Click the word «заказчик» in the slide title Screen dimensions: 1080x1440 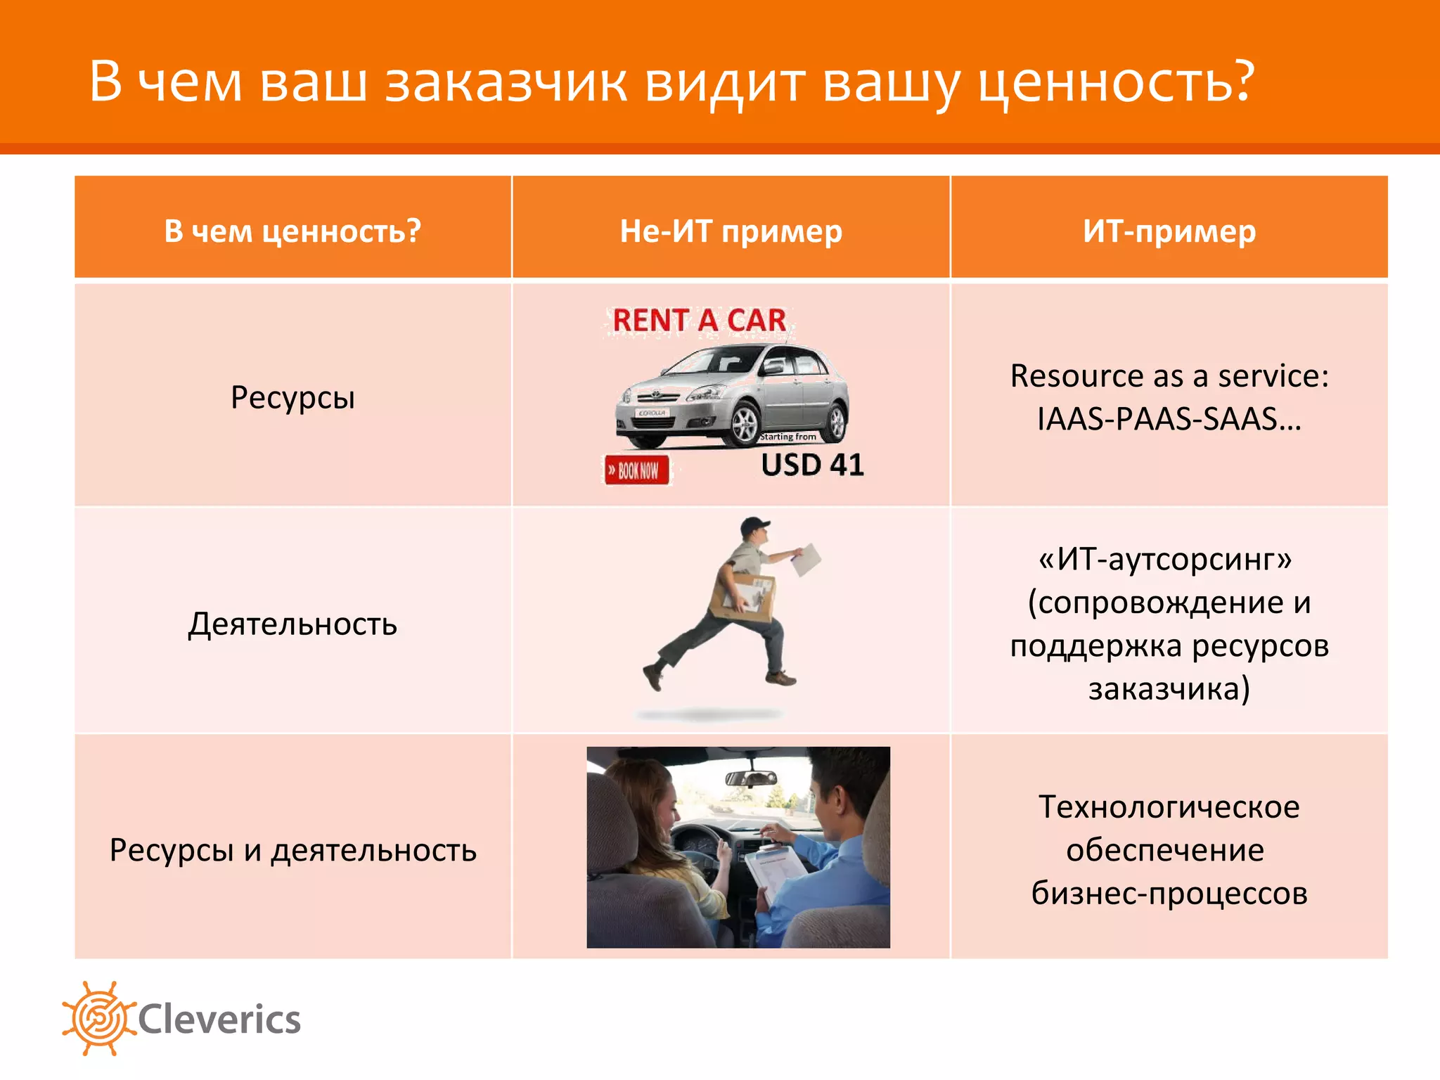506,82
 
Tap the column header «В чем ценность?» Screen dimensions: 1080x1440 292,231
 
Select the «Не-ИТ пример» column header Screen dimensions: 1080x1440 731,231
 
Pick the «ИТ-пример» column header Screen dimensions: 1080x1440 1169,231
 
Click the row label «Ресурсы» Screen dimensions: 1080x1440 292,397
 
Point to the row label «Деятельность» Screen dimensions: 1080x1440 292,624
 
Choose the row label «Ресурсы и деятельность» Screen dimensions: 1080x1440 292,850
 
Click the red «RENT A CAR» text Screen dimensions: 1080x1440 699,321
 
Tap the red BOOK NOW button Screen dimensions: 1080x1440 637,470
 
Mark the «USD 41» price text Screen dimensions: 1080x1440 812,465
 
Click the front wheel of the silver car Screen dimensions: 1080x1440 744,425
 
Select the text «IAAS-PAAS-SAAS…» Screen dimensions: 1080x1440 1169,419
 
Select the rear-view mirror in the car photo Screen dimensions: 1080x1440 751,778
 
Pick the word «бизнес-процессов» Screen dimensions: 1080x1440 1169,893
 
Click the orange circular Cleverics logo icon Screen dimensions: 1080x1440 98,1017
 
